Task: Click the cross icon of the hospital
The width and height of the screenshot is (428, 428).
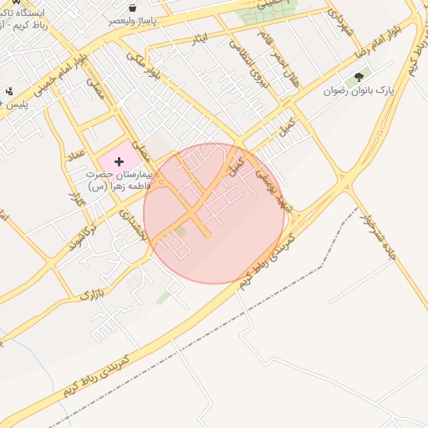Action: pyautogui.click(x=119, y=160)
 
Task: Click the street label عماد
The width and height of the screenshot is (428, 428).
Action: pyautogui.click(x=78, y=154)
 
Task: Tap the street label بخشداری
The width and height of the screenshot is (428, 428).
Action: pyautogui.click(x=134, y=223)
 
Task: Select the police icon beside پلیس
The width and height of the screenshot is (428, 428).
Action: pyautogui.click(x=9, y=90)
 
